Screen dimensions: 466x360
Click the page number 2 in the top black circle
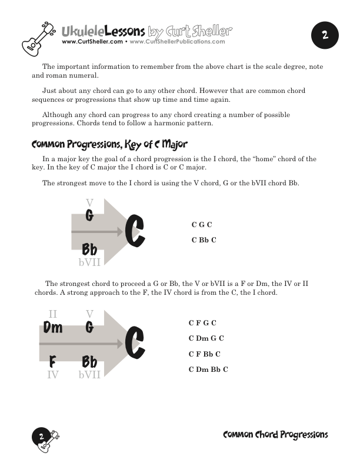[x=324, y=35]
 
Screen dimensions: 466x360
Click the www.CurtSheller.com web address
[x=92, y=42]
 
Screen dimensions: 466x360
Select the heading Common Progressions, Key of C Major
[x=109, y=144]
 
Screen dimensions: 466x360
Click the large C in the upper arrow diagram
[x=135, y=231]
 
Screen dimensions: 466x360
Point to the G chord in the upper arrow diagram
[x=89, y=216]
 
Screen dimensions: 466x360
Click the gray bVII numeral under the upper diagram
[x=89, y=262]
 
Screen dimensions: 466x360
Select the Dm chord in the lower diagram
[x=52, y=328]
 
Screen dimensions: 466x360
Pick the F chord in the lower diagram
[x=52, y=361]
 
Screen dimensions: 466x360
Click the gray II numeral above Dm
[x=52, y=315]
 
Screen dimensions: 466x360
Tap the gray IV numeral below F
[x=52, y=374]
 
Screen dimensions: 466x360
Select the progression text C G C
[x=202, y=225]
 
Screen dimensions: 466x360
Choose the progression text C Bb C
[x=204, y=239]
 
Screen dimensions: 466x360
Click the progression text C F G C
[x=202, y=323]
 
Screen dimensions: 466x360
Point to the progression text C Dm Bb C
[x=208, y=369]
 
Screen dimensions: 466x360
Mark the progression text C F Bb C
[x=205, y=354]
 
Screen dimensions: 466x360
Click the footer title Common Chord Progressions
[x=275, y=435]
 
